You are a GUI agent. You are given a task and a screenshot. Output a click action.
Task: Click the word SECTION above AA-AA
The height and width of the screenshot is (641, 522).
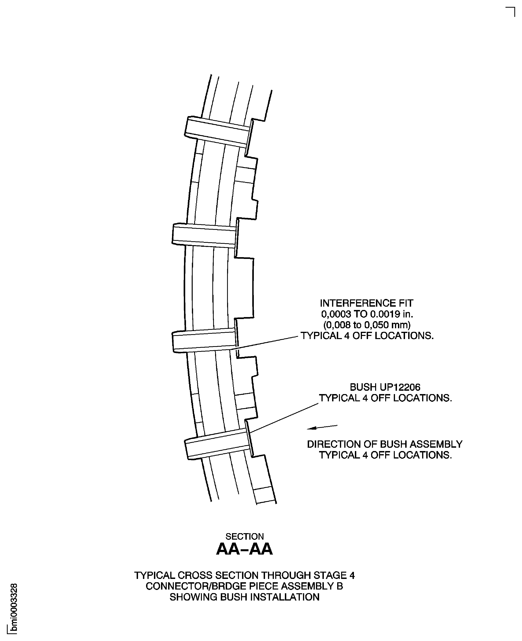tap(244, 536)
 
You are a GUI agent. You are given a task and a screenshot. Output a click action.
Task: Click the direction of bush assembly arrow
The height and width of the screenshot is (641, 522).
tap(322, 427)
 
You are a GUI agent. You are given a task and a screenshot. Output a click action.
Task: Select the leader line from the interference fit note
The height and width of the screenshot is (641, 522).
tap(268, 342)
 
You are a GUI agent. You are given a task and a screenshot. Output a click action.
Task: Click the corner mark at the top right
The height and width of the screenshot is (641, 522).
tap(511, 11)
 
